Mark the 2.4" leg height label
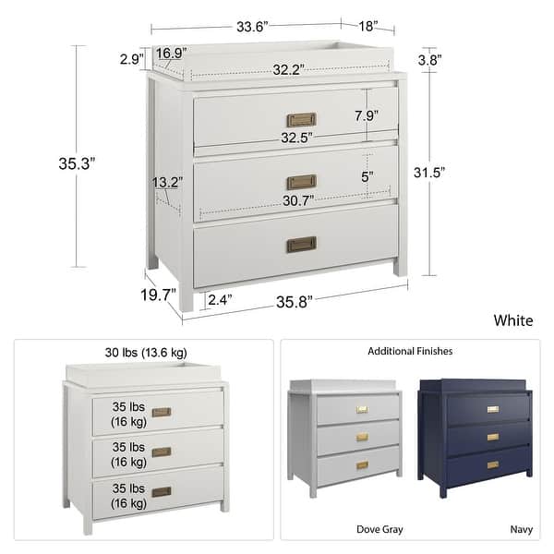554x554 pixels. pyautogui.click(x=222, y=299)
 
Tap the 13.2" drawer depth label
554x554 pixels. pyautogui.click(x=168, y=183)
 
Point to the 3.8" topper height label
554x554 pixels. pyautogui.click(x=429, y=60)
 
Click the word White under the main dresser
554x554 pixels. pyautogui.click(x=513, y=321)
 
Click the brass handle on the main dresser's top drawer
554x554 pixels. pyautogui.click(x=301, y=120)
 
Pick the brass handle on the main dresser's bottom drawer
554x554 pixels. pyautogui.click(x=301, y=245)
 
